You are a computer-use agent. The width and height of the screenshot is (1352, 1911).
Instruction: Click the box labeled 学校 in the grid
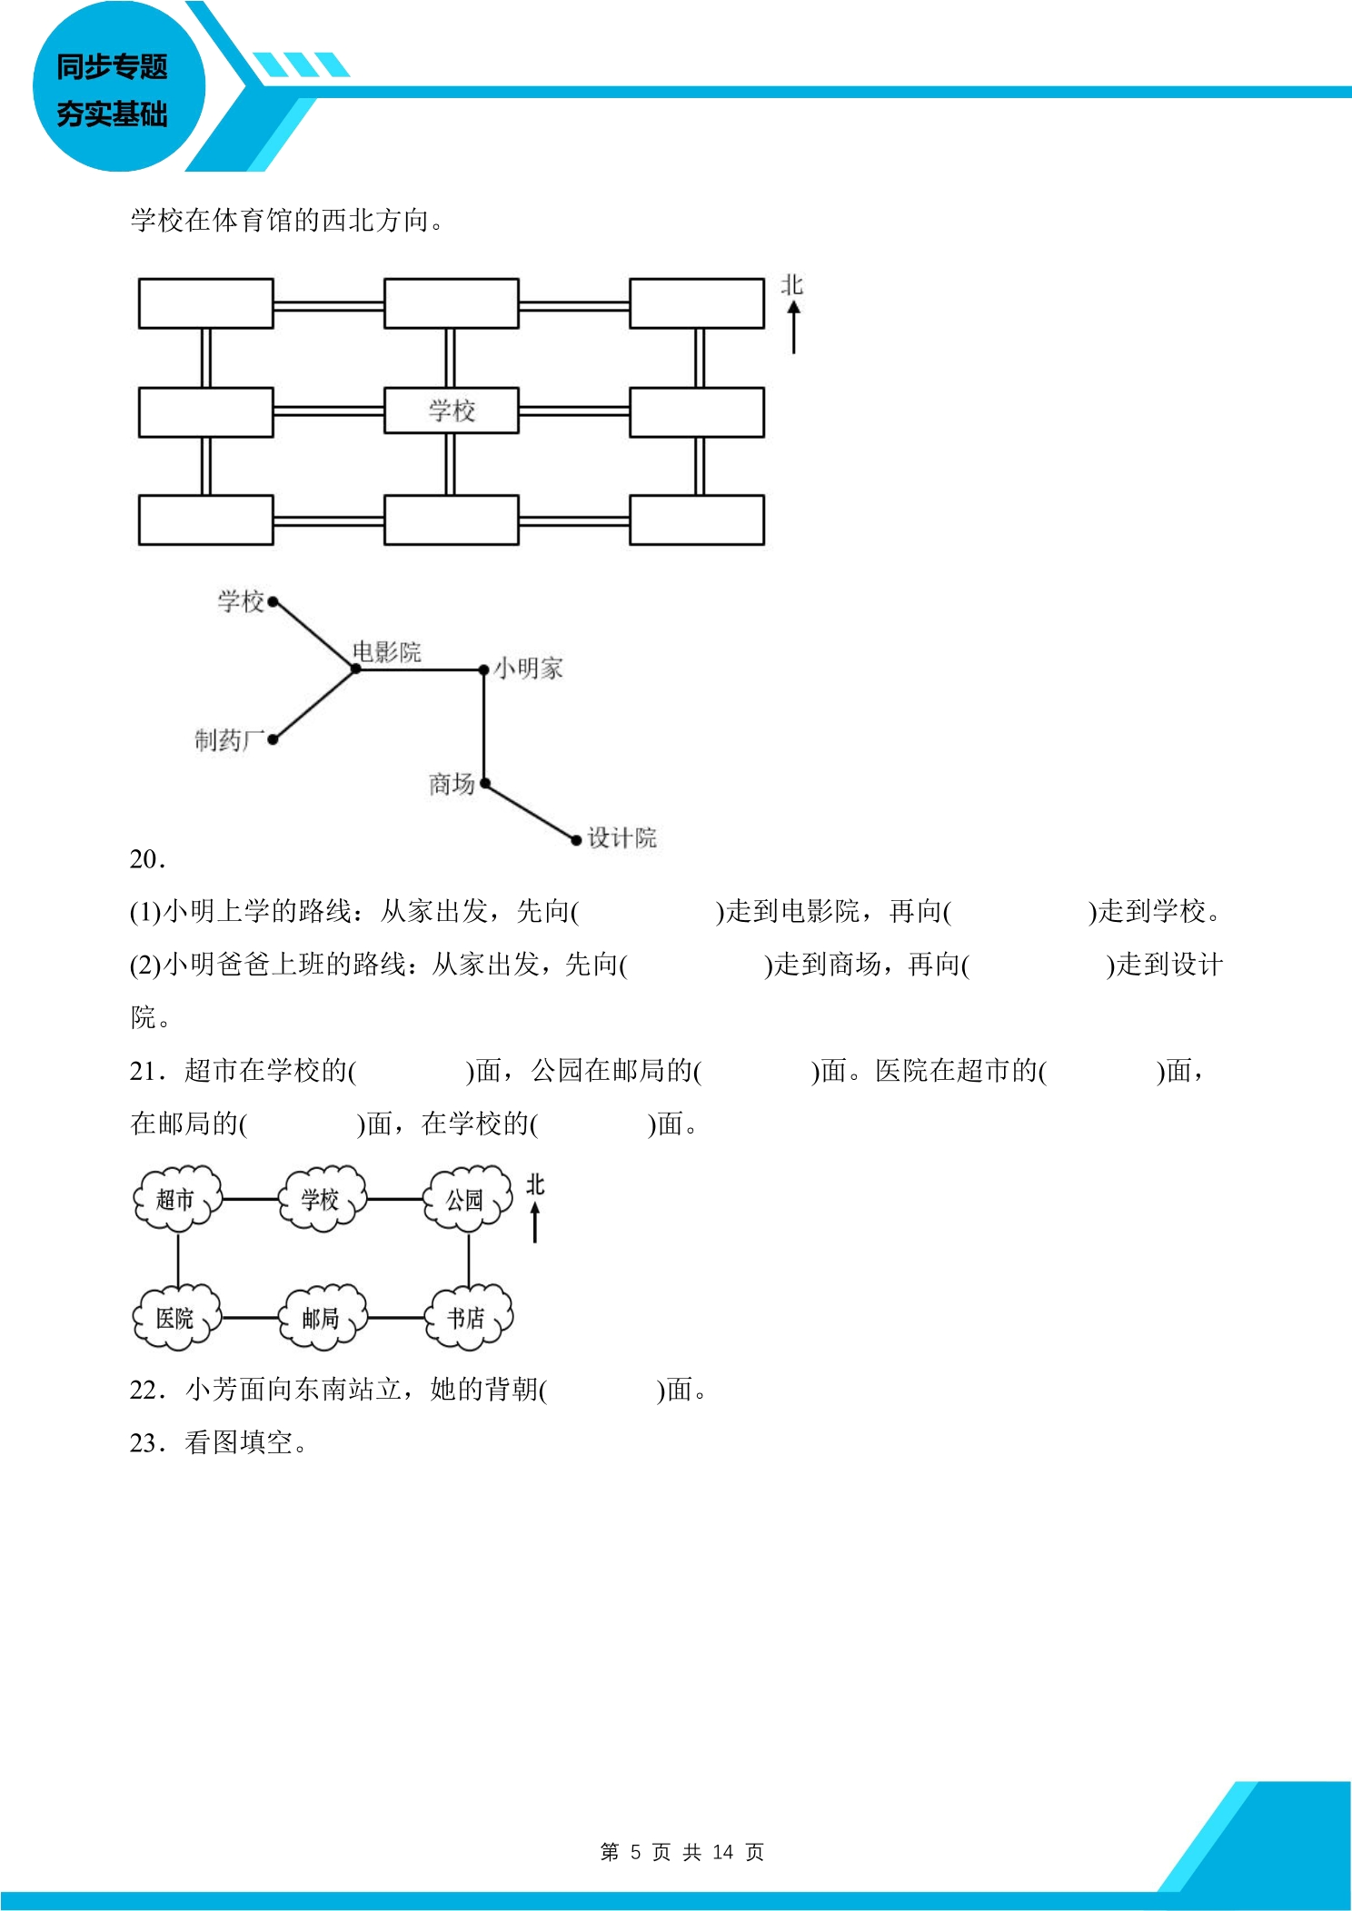tap(451, 411)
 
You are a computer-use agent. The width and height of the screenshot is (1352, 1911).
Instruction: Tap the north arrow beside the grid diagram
tap(794, 327)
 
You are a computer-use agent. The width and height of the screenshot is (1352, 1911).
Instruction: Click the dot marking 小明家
tap(484, 670)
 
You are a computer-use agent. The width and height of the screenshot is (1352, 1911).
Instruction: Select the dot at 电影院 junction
tap(355, 669)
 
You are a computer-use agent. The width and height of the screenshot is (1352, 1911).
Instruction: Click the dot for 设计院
tap(576, 840)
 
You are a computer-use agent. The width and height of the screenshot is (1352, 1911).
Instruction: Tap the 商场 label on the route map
tap(452, 784)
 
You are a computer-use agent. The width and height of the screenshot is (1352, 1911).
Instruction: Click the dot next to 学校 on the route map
tap(273, 601)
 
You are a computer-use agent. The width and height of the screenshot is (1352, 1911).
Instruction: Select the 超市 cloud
tap(177, 1199)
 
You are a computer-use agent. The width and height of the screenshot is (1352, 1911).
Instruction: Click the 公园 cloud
tap(467, 1199)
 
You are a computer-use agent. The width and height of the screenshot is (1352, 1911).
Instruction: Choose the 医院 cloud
tap(177, 1317)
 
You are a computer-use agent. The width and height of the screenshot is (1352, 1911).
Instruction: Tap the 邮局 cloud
tap(323, 1317)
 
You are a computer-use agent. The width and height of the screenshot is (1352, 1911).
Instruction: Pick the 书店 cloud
tap(468, 1317)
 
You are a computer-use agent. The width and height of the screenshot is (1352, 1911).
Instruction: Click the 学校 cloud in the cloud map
tap(322, 1199)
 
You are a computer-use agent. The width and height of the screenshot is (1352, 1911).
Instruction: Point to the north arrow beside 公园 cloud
tap(535, 1223)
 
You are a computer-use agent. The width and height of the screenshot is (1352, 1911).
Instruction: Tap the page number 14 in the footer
tap(723, 1852)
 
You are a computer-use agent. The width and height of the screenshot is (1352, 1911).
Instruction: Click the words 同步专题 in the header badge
tap(112, 66)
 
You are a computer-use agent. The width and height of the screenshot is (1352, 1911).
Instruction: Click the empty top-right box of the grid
tap(697, 303)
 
